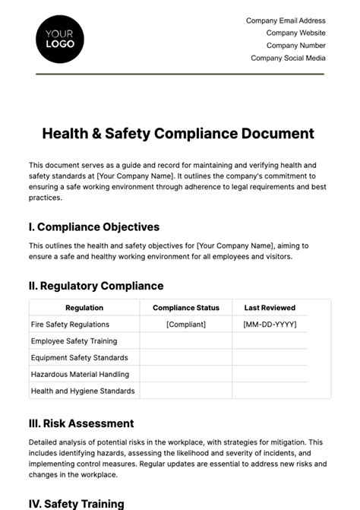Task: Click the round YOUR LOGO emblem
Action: pyautogui.click(x=60, y=38)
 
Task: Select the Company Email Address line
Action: pyautogui.click(x=286, y=21)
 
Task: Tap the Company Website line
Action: pyautogui.click(x=295, y=33)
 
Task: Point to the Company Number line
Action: pyautogui.click(x=295, y=45)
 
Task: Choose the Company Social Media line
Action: pyautogui.click(x=288, y=57)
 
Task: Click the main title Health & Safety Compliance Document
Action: pyautogui.click(x=178, y=133)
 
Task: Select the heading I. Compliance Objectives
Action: pyautogui.click(x=94, y=226)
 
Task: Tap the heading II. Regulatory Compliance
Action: pyautogui.click(x=96, y=286)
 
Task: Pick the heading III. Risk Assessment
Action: pyautogui.click(x=81, y=423)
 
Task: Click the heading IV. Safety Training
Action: pyautogui.click(x=76, y=503)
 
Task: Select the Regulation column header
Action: pyautogui.click(x=84, y=308)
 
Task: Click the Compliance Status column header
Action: pyautogui.click(x=186, y=308)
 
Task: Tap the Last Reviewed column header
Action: pyautogui.click(x=270, y=308)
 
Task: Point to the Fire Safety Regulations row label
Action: pyautogui.click(x=71, y=325)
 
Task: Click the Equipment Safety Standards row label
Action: pyautogui.click(x=79, y=357)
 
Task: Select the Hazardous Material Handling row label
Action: pyautogui.click(x=80, y=374)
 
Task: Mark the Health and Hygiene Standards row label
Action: pyautogui.click(x=83, y=391)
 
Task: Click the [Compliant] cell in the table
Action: pyautogui.click(x=186, y=325)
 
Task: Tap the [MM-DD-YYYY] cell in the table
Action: pyautogui.click(x=270, y=325)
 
